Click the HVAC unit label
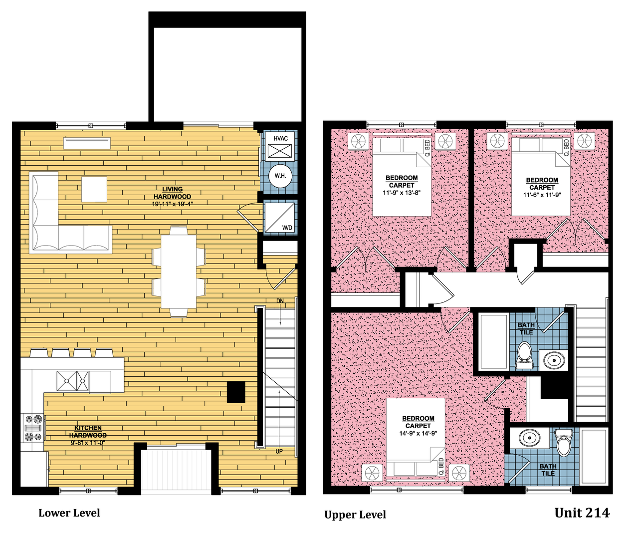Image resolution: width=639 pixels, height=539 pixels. click(x=280, y=138)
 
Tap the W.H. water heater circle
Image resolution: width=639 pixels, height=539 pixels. click(x=280, y=176)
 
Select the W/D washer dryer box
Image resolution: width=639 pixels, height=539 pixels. click(x=279, y=218)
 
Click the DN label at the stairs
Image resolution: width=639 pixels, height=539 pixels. click(x=280, y=301)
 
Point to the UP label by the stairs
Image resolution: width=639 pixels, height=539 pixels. click(x=279, y=451)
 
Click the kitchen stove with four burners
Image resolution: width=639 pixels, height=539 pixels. click(x=33, y=428)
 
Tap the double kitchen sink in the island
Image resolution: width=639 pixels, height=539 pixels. click(x=72, y=381)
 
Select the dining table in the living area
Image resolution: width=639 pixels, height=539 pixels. click(x=179, y=271)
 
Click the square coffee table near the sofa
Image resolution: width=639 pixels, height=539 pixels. click(x=94, y=189)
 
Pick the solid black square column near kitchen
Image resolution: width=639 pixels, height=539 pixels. click(x=236, y=392)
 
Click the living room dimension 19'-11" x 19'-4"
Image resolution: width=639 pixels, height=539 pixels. click(x=172, y=204)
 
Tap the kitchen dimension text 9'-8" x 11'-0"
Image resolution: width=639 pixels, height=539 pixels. click(x=87, y=443)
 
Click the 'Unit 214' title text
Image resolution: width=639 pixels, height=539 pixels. click(x=582, y=513)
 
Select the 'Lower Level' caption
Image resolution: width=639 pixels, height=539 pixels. click(x=69, y=513)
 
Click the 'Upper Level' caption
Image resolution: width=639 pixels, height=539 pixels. click(x=355, y=515)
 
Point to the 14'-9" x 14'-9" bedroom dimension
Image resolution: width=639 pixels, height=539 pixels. click(x=418, y=433)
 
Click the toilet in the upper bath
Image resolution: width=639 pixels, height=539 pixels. click(x=524, y=355)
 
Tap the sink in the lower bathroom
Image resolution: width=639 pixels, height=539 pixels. click(x=529, y=438)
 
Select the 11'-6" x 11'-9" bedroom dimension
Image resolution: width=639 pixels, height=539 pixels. click(x=542, y=195)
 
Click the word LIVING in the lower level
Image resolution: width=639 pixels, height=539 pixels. click(x=172, y=189)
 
